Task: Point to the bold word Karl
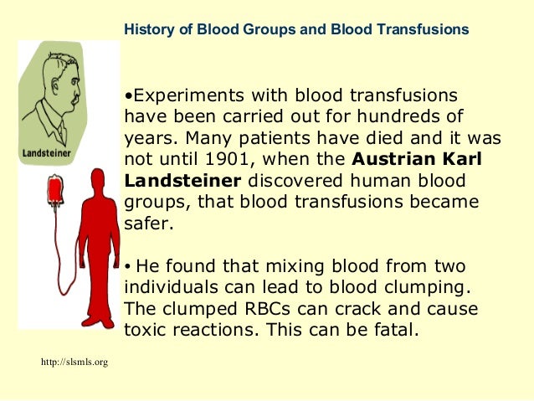click(x=465, y=159)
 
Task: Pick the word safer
click(x=146, y=224)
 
